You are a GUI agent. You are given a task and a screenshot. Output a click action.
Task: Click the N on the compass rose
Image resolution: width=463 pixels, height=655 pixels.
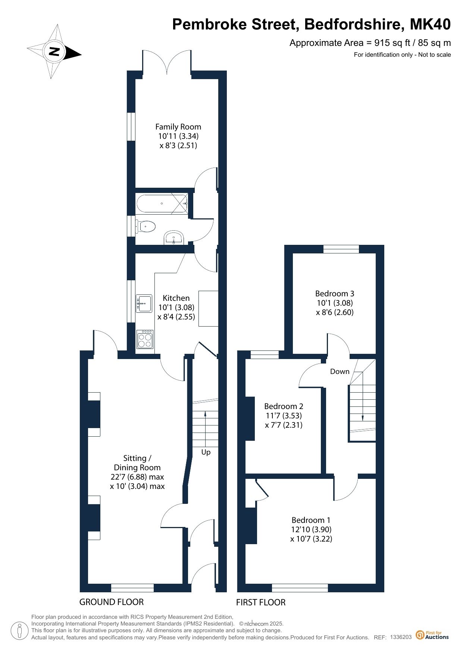pos(55,51)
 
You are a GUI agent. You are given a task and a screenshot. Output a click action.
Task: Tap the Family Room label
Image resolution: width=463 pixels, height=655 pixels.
pos(178,127)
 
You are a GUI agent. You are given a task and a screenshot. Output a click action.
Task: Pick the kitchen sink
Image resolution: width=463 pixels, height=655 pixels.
pos(144,303)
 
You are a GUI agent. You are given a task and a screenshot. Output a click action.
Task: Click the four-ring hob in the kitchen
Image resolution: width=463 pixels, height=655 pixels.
pos(145,339)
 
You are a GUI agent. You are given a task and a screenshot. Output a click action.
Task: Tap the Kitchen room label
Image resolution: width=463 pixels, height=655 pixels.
pos(176,298)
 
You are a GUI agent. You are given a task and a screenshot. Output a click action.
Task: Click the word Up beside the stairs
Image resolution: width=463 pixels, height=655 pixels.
pos(206,452)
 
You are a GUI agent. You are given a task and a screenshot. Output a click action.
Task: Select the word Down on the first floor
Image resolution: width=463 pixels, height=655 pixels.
pos(340,371)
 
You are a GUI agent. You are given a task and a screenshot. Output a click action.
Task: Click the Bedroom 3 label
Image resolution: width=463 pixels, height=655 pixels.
pos(335,294)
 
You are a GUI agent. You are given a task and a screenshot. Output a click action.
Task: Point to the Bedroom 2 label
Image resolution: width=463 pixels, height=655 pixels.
pos(284,406)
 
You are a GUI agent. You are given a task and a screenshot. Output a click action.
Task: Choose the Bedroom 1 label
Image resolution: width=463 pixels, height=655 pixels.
pos(311,520)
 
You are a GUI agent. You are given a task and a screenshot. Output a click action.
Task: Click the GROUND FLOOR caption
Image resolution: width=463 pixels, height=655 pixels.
pos(112,602)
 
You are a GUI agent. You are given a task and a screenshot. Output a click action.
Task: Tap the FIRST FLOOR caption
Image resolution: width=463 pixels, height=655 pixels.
pos(261,602)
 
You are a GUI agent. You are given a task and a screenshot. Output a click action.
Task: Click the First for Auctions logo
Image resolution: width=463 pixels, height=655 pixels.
pos(432,635)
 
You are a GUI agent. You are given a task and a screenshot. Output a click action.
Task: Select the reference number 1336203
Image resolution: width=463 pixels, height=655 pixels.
pos(401,637)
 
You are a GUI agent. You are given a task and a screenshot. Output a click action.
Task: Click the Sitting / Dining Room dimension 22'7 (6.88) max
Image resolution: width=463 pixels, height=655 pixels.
pos(137,477)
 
